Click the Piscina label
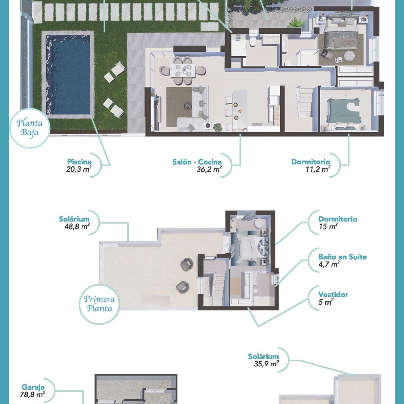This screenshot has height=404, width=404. coord(79,162)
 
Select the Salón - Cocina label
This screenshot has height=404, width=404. coord(197,162)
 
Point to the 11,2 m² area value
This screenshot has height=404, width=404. coord(318,169)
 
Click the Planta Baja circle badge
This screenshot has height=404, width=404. coord(30,128)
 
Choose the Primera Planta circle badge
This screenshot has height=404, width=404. coord(99,304)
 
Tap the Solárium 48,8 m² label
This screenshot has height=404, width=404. coord(75,223)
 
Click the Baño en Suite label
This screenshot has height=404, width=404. coord(342,257)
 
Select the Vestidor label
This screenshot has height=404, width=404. coord(333,295)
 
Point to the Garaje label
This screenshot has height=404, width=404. coord(33,387)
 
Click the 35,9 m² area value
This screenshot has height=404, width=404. coord(266,364)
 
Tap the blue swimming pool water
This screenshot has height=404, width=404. coord(68,75)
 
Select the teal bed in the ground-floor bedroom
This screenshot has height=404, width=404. coord(343,111)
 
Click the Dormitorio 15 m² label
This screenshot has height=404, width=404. coord(338,223)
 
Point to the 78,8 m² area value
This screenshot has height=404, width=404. coord(33,394)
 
